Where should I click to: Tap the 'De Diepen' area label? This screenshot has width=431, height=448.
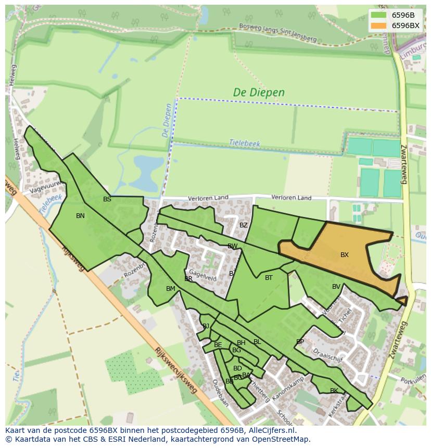[259, 93]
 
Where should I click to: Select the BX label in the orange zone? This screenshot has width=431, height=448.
[345, 255]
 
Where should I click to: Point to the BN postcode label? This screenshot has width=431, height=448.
[80, 216]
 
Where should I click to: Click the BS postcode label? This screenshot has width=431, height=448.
[107, 199]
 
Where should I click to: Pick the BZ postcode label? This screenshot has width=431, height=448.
[244, 225]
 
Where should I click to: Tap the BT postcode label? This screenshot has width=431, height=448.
[269, 278]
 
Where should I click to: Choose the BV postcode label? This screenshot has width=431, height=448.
[336, 287]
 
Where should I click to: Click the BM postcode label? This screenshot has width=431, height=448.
[171, 289]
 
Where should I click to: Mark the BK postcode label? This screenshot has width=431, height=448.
[334, 391]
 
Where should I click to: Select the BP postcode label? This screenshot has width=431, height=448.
[300, 342]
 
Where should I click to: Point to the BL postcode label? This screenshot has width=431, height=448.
[257, 342]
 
